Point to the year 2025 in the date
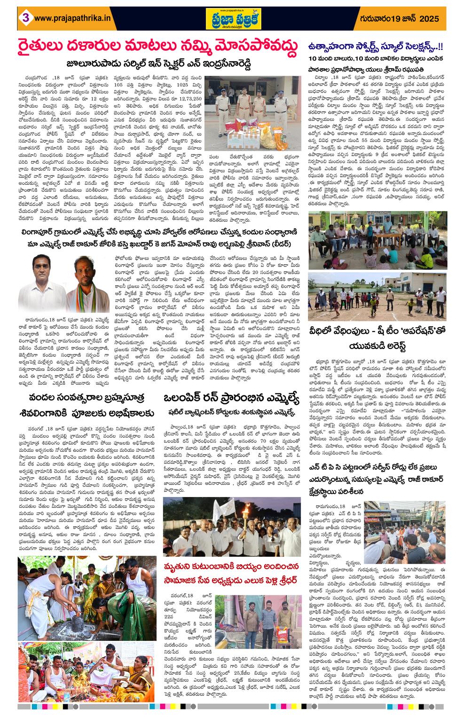click(427, 18)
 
